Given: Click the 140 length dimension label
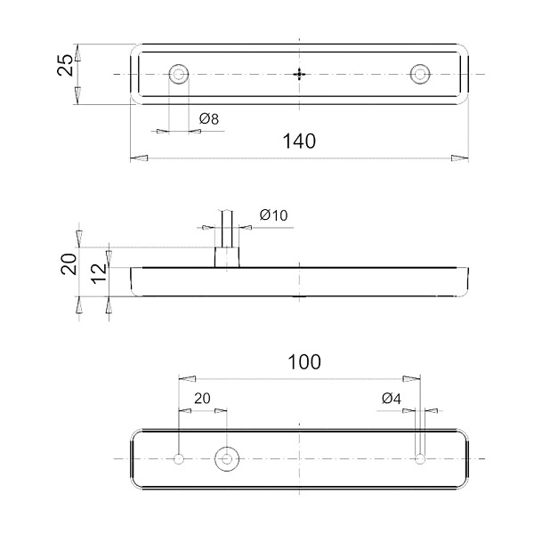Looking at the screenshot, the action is (299, 142).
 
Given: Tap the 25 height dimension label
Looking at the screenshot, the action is (65, 65).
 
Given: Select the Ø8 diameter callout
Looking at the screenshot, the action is (209, 119).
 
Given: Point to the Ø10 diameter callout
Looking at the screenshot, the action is (273, 215).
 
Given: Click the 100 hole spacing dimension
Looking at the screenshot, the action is (304, 362).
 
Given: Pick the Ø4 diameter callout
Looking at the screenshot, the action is (392, 398).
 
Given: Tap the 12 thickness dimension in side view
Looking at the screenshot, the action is (99, 273).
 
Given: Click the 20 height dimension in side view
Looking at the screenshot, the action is (69, 264).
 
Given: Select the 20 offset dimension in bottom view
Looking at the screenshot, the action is (202, 398).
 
